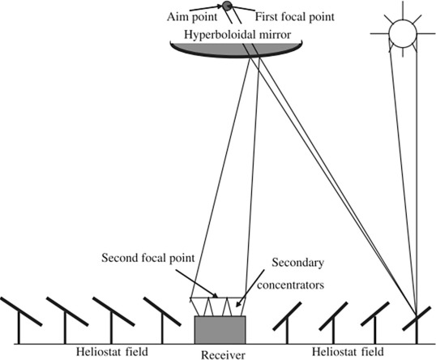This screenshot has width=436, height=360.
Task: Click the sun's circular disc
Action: [403, 33]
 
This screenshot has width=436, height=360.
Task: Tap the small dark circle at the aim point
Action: [227, 6]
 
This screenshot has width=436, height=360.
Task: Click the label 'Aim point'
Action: [192, 17]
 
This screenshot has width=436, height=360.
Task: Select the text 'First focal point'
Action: [295, 17]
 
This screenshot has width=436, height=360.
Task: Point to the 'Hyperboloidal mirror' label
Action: [237, 35]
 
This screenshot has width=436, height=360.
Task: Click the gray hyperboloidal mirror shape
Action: [236, 50]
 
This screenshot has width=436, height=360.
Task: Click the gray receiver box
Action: [220, 330]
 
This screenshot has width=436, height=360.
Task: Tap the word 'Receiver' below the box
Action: [223, 355]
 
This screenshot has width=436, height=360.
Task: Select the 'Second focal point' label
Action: [148, 258]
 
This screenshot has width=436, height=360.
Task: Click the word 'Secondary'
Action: [297, 263]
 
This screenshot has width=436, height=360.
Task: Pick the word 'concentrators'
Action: [291, 285]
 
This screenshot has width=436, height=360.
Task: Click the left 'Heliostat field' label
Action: [112, 352]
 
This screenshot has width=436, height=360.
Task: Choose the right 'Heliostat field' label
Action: [348, 352]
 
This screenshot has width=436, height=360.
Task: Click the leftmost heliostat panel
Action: [21, 311]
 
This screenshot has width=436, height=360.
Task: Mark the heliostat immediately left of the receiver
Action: [162, 311]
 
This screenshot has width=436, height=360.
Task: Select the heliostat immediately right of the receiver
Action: [287, 316]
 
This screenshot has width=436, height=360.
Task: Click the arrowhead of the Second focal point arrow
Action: [216, 296]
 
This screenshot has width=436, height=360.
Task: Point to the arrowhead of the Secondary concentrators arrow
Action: [238, 305]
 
